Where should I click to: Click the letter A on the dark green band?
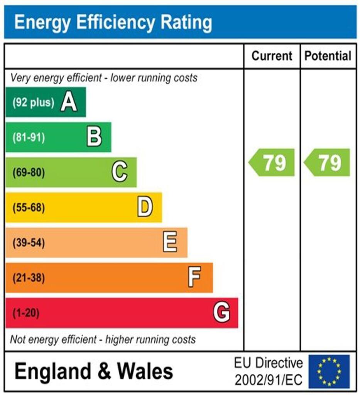click(x=69, y=103)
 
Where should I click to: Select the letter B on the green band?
click(x=94, y=137)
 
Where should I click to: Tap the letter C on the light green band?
click(x=120, y=172)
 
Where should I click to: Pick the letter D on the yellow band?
click(x=145, y=208)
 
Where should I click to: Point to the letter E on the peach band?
click(x=170, y=243)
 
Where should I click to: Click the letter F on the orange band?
click(x=195, y=278)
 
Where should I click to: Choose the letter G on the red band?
click(x=221, y=312)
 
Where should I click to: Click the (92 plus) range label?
click(x=33, y=103)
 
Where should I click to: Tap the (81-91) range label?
click(x=29, y=138)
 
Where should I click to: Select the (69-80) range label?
click(x=29, y=173)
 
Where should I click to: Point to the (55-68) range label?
click(x=29, y=208)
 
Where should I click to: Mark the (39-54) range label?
click(x=29, y=243)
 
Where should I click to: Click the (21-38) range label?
click(x=29, y=278)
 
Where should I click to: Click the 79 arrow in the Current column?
click(x=272, y=162)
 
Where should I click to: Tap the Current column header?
click(x=272, y=56)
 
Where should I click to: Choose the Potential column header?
click(x=328, y=56)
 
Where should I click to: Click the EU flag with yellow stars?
click(x=329, y=371)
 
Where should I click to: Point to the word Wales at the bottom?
click(x=145, y=371)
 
